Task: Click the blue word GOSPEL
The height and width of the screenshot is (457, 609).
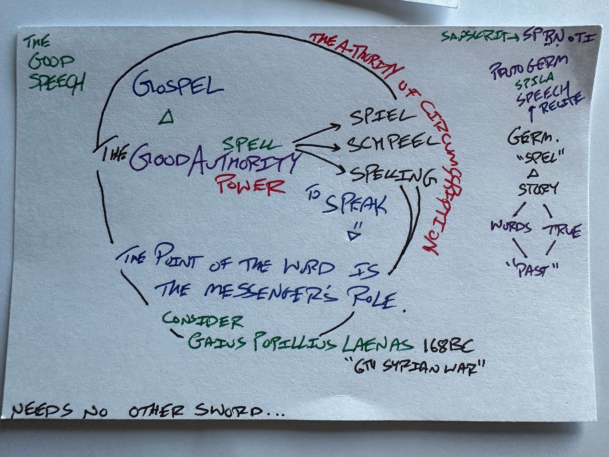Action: pyautogui.click(x=178, y=86)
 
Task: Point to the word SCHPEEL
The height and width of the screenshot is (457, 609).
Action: pyautogui.click(x=392, y=144)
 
